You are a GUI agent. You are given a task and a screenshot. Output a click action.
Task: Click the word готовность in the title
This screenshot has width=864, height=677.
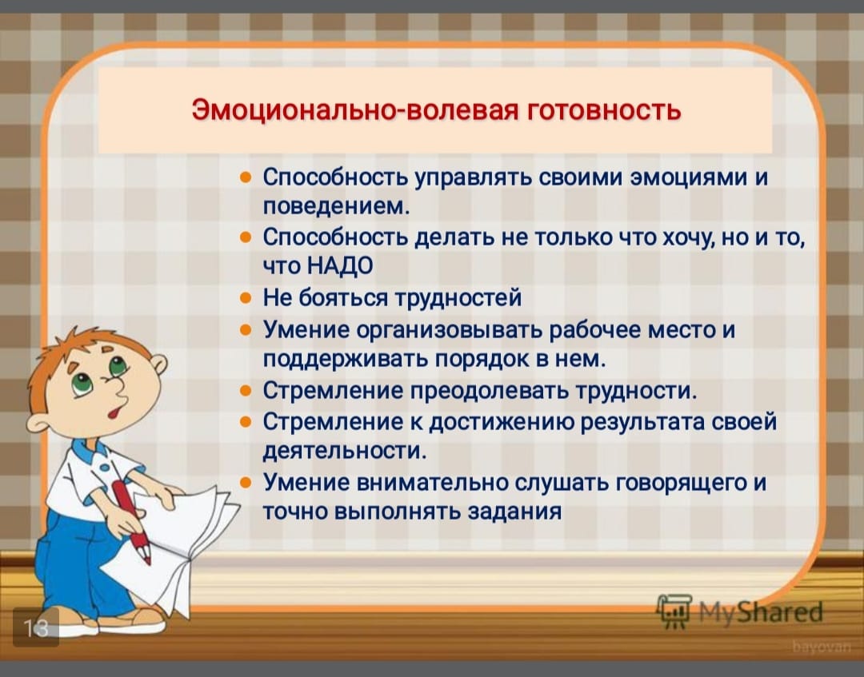(x=605, y=109)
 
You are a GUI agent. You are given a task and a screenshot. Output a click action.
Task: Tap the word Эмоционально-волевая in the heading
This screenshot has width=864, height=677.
(x=355, y=109)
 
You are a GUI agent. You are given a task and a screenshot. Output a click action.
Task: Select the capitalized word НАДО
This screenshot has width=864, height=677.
(x=339, y=265)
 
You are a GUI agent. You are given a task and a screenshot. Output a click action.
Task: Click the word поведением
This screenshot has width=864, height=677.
(x=336, y=206)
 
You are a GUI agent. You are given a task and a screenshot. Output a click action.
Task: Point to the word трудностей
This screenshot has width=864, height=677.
(x=458, y=298)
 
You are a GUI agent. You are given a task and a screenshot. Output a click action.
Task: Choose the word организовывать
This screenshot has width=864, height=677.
(x=450, y=329)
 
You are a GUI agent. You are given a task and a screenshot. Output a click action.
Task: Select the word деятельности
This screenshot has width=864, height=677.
(x=344, y=452)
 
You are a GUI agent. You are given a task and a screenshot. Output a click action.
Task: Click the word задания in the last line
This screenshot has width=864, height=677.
(x=514, y=512)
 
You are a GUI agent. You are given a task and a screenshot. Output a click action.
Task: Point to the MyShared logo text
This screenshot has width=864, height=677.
(x=760, y=612)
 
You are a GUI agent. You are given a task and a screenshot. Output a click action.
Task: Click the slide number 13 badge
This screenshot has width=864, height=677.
(x=35, y=627)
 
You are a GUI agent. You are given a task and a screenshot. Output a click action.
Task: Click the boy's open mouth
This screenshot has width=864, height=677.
(x=115, y=411)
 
